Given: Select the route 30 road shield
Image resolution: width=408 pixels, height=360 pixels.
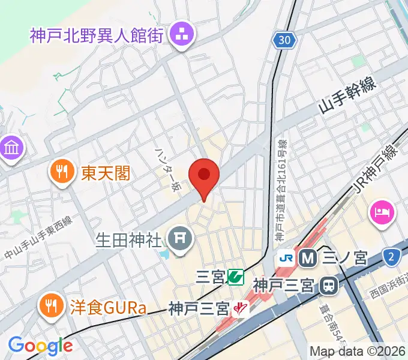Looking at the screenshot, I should coord(286,40).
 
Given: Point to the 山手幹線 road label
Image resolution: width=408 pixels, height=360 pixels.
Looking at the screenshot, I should coord(347,95).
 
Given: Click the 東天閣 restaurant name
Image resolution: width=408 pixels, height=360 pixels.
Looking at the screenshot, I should coord(106,174).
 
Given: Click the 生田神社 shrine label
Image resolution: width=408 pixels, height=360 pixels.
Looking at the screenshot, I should coord(129,241).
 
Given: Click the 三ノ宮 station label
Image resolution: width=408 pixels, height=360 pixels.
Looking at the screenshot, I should coord(345,259).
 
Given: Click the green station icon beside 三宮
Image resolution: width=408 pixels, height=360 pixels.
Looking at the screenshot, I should coord(235,277).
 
